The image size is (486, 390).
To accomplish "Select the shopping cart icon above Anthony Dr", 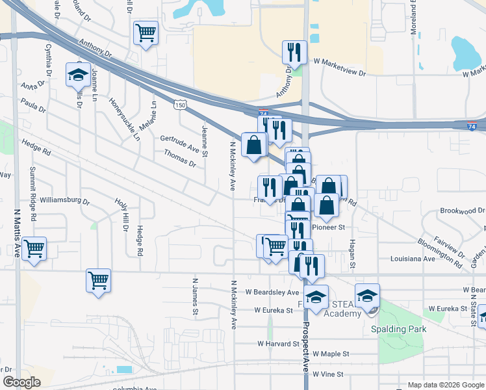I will (146, 32).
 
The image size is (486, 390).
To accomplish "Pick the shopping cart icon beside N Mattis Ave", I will (34, 248).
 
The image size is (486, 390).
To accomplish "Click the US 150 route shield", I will (181, 105).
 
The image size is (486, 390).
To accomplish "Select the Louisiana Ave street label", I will (413, 259).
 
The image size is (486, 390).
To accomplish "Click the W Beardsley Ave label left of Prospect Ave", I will (273, 292).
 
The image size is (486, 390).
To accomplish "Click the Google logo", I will (22, 382).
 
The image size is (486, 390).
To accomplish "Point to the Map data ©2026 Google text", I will (445, 385).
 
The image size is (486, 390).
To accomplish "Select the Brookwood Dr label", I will (462, 211).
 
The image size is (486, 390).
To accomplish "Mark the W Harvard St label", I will (277, 343).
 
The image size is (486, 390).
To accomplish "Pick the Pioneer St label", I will (328, 227).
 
